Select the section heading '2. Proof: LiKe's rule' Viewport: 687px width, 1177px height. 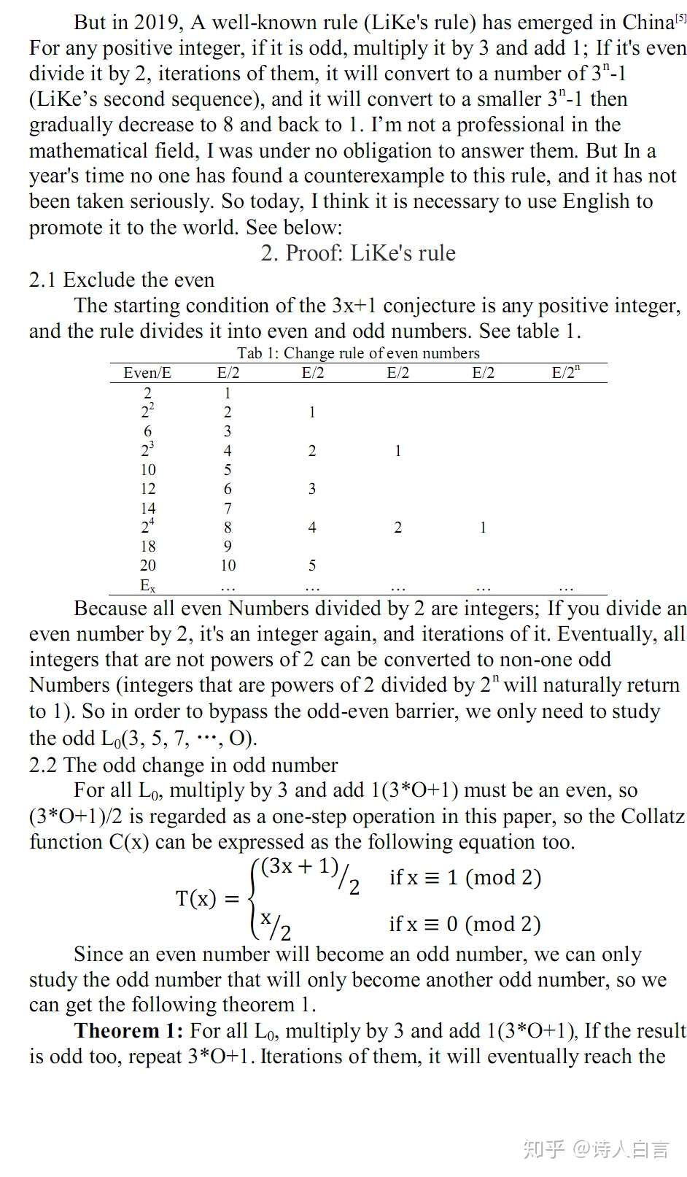tap(358, 253)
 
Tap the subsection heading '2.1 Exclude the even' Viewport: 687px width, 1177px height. tap(122, 280)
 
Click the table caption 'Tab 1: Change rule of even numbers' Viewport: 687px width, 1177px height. tap(358, 353)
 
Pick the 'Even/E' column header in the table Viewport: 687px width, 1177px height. tap(147, 373)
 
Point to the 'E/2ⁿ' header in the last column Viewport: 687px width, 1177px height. tap(565, 373)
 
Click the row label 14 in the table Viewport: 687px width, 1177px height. tap(148, 508)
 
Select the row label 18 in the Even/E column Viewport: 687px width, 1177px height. tap(148, 547)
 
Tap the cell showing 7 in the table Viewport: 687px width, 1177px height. tap(228, 508)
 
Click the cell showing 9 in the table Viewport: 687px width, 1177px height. tap(228, 547)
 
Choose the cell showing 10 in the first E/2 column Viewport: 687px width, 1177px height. tap(228, 566)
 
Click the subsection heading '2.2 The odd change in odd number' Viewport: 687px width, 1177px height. tap(183, 765)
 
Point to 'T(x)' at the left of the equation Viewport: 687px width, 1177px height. tap(196, 898)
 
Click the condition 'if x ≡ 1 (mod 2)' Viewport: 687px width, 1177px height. tap(465, 877)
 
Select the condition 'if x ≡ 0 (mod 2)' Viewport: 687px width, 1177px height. tap(465, 925)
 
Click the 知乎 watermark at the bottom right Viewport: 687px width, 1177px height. tap(543, 1149)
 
